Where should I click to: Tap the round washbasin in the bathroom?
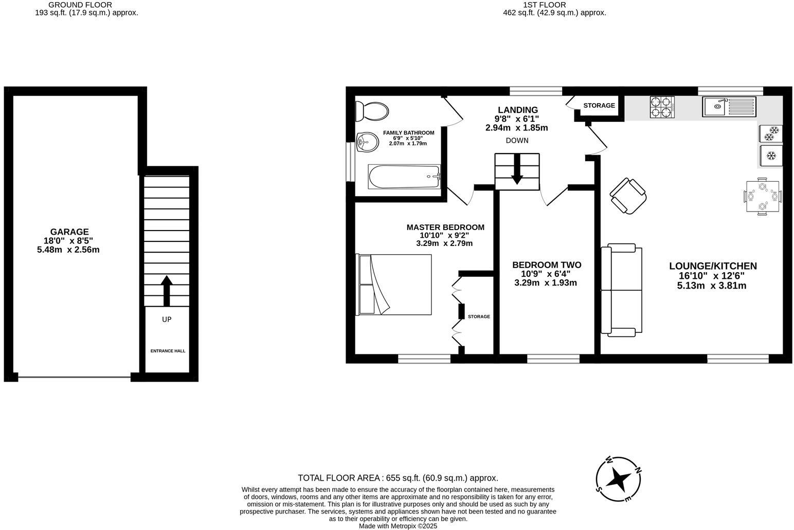click(367, 142)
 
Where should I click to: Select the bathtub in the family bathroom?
click(404, 176)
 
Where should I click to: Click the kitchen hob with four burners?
click(662, 107)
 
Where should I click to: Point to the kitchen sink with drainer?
click(728, 107)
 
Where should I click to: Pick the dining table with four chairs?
click(763, 196)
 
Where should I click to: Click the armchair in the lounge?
click(628, 196)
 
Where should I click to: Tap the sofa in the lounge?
click(622, 290)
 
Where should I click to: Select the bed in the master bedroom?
click(394, 285)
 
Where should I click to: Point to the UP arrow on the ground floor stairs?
click(166, 291)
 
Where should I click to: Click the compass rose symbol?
click(619, 479)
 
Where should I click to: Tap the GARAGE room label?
click(69, 232)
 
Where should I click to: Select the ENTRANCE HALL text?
click(168, 351)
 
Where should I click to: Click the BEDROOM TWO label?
click(547, 265)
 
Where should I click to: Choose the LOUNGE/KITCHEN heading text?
click(713, 266)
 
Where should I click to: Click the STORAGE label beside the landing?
click(599, 105)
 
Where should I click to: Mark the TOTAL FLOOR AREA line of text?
click(398, 478)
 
